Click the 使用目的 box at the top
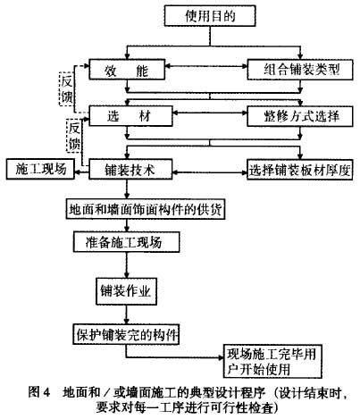click(210, 15)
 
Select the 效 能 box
click(127, 70)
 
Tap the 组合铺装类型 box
click(300, 70)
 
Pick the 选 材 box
click(130, 116)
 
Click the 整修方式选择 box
click(300, 116)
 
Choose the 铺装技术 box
click(130, 170)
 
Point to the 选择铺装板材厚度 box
click(300, 170)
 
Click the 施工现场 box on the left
click(40, 169)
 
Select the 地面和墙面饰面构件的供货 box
click(146, 209)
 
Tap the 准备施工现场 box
click(127, 242)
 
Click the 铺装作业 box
click(126, 291)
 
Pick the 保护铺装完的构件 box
click(126, 335)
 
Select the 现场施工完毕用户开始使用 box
click(272, 362)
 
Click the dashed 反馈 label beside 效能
click(66, 88)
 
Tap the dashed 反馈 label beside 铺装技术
click(73, 136)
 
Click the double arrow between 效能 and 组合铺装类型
click(206, 66)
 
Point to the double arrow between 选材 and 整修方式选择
click(210, 113)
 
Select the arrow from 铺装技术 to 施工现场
click(82, 172)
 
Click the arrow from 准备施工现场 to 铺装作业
click(127, 265)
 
